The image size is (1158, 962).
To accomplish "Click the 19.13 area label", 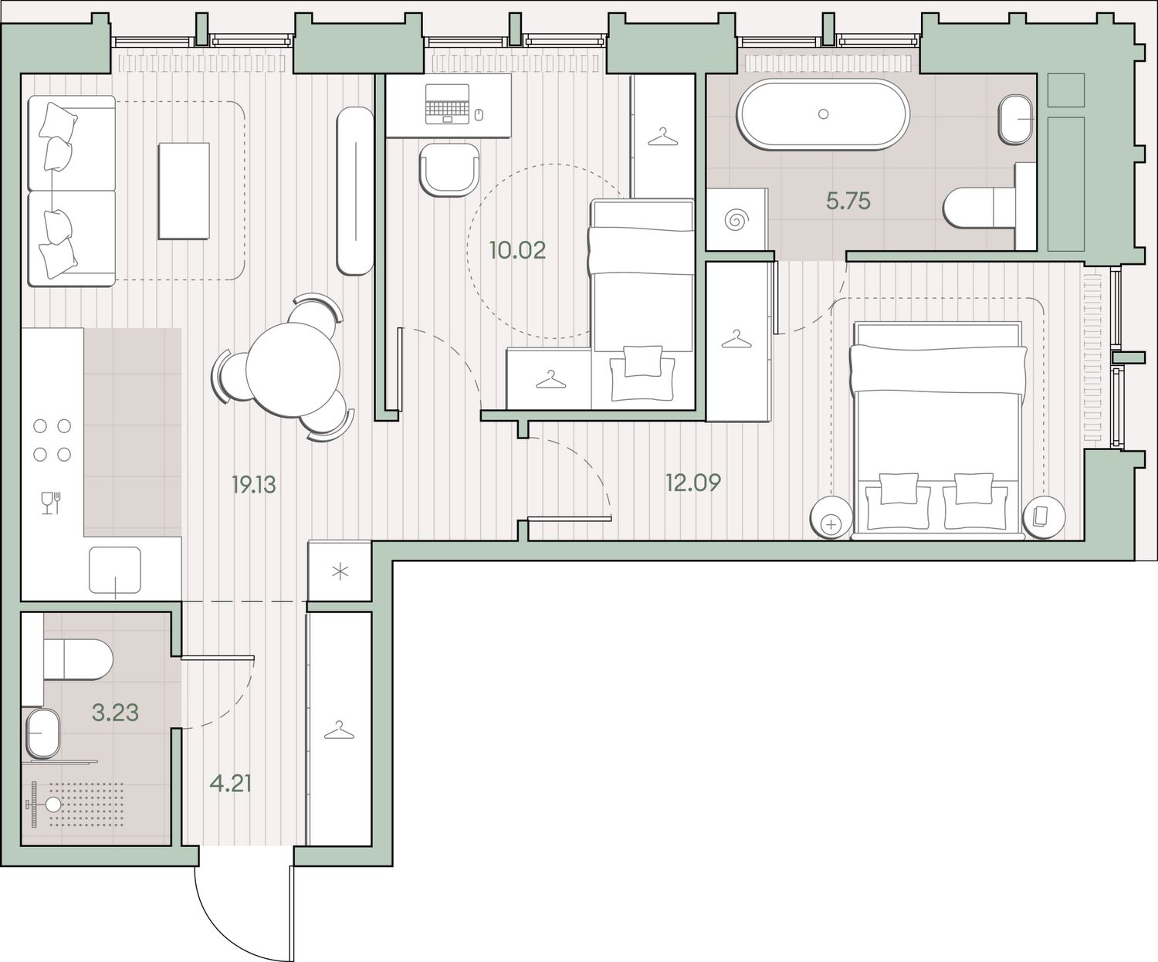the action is (253, 485).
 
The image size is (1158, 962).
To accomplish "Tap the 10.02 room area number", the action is (517, 250).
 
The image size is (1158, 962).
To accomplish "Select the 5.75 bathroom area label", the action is (848, 201).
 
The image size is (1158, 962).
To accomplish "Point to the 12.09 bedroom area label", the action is (692, 483).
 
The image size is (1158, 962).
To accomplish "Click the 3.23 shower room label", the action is (115, 713).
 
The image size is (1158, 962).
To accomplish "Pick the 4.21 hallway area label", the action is (231, 784).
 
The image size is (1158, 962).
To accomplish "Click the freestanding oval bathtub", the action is (823, 114).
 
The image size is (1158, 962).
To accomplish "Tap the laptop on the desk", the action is (447, 103).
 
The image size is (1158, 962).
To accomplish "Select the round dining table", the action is (293, 370).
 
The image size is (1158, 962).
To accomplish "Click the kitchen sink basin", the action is (115, 570).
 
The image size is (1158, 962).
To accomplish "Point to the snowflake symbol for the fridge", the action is (340, 572).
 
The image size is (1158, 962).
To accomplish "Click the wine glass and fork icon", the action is (50, 503).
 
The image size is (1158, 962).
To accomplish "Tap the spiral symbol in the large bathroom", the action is (736, 220).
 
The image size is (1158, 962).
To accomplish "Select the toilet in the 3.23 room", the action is (78, 659).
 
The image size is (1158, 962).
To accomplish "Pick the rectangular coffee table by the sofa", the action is (184, 191).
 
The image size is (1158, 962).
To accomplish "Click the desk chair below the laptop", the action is (449, 170).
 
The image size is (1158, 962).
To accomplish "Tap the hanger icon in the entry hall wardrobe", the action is (339, 730).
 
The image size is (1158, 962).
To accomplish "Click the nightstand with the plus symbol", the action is (830, 517).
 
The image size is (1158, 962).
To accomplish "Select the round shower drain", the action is (53, 804).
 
